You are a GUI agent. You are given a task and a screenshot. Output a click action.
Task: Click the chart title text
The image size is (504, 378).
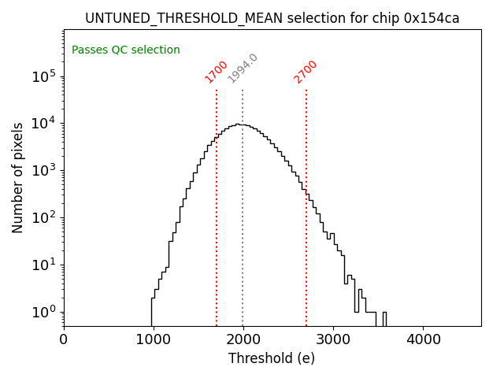pos(272,18)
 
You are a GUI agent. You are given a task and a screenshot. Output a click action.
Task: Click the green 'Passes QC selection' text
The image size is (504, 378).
pos(126,50)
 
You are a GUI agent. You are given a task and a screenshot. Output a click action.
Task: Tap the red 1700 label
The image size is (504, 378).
pos(217,71)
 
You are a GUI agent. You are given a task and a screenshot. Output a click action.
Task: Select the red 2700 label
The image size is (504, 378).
pos(306,71)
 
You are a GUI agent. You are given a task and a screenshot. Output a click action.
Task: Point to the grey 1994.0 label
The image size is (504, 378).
pos(243,69)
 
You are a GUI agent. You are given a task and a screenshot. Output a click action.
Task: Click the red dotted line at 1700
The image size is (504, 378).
pos(217,205)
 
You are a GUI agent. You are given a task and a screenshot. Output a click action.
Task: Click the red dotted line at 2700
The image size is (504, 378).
pos(306,205)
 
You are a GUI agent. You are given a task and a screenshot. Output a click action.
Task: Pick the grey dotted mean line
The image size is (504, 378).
pos(243,205)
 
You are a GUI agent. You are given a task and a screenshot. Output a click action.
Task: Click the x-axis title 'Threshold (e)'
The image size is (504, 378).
pos(272,358)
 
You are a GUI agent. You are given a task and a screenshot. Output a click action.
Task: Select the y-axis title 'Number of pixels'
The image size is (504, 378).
pos(17,177)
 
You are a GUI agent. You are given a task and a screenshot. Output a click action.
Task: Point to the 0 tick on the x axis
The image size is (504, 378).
pos(64,340)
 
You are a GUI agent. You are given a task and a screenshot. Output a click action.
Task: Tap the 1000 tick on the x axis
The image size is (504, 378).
pos(154,340)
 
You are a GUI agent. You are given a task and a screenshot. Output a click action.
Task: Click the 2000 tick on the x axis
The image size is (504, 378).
pos(243,340)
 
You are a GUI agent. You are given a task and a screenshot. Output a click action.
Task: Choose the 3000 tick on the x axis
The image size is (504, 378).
pos(333,340)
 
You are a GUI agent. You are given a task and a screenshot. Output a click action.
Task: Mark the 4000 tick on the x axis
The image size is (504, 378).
pos(423,340)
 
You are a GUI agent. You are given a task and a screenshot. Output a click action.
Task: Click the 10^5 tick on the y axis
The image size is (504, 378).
pos(44,76)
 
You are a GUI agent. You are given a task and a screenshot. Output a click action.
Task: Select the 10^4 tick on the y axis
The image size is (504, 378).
pos(44,124)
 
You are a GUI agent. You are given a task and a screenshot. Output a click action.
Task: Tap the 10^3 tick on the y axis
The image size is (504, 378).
pos(44,171)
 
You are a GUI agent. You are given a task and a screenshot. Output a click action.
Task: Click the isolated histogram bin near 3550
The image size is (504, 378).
pos(384,318)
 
